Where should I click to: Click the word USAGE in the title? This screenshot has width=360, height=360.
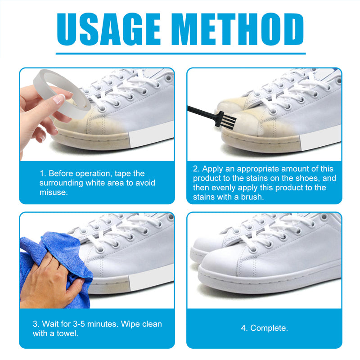(x=108, y=29)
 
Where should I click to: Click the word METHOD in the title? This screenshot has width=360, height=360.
(x=240, y=29)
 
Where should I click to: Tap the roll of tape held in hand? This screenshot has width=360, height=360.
(x=62, y=94)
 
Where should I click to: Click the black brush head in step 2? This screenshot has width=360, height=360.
(x=226, y=119)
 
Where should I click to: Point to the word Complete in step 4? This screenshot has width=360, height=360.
(x=269, y=328)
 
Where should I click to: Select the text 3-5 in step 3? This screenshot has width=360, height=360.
(x=79, y=324)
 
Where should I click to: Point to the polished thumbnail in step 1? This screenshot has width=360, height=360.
(x=59, y=99)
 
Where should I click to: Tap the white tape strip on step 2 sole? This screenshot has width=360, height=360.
(x=320, y=138)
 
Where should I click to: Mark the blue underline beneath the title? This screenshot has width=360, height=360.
(x=180, y=54)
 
